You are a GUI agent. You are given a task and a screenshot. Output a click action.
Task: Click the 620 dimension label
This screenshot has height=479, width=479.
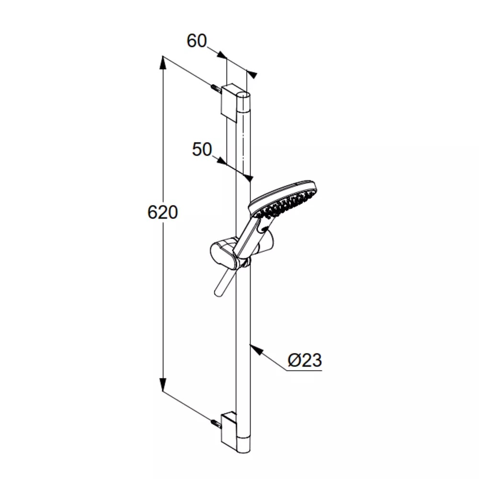pos(162,212)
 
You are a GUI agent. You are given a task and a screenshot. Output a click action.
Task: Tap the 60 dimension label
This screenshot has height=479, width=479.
pos(197,41)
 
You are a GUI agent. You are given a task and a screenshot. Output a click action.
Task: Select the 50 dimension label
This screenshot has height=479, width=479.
pos(202,149)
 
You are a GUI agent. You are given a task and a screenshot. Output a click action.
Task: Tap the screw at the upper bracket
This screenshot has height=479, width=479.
pos(216,89)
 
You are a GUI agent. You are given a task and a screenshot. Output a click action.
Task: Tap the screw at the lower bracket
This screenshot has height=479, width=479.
pos(216,424)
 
